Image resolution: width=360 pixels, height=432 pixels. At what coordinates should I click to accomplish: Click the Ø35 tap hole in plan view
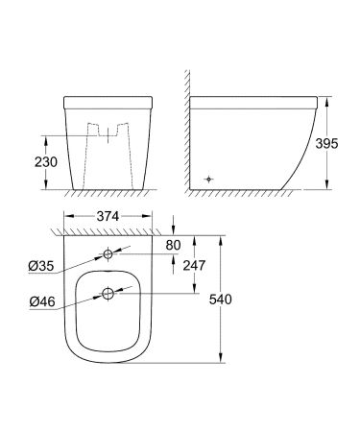pos(108,254)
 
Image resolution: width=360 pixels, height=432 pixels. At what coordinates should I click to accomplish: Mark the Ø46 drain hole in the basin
pos(108,294)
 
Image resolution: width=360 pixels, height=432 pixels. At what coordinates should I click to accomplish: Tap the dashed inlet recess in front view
pos(108,134)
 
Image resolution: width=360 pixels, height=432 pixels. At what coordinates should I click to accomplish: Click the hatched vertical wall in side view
pos(184,125)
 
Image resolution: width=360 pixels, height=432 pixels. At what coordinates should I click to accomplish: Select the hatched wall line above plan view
pos(108,229)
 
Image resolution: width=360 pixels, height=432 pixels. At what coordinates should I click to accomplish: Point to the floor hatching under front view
pos(108,194)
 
